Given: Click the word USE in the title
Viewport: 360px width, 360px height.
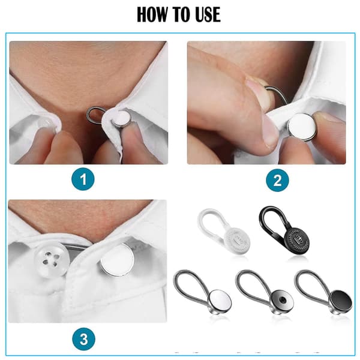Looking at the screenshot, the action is pyautogui.click(x=208, y=14).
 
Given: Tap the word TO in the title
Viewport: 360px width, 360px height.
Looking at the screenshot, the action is pyautogui.click(x=182, y=14).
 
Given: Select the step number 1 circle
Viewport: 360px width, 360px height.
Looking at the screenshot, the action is pyautogui.click(x=83, y=179).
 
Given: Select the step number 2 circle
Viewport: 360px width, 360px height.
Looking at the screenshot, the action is pyautogui.click(x=277, y=180).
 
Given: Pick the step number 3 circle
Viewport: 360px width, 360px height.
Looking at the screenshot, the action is pyautogui.click(x=83, y=339).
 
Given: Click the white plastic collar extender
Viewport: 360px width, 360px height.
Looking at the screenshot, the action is pyautogui.click(x=223, y=232).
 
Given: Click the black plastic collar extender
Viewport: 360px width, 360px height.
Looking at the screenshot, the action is pyautogui.click(x=284, y=231).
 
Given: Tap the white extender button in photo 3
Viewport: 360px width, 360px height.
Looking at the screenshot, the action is pyautogui.click(x=116, y=259).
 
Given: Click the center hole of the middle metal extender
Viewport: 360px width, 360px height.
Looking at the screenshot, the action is pyautogui.click(x=282, y=299).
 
